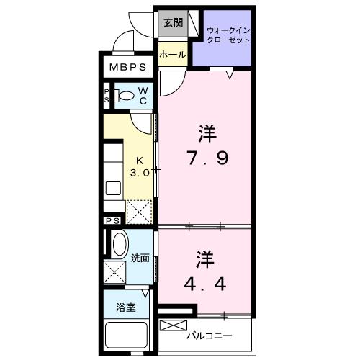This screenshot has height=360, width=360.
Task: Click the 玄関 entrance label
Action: (173, 22)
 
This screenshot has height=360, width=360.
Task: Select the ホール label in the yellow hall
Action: (172, 55)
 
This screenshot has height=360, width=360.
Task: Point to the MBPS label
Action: (127, 68)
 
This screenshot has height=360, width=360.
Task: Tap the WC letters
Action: (143, 95)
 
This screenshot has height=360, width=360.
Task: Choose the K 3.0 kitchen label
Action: (140, 168)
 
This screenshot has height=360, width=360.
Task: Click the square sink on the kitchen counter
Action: (114, 189)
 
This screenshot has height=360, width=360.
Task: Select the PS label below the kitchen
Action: (112, 221)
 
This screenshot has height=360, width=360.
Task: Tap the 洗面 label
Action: (140, 258)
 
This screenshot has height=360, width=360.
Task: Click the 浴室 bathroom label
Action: (127, 307)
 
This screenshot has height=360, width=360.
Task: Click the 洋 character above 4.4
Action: (204, 258)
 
